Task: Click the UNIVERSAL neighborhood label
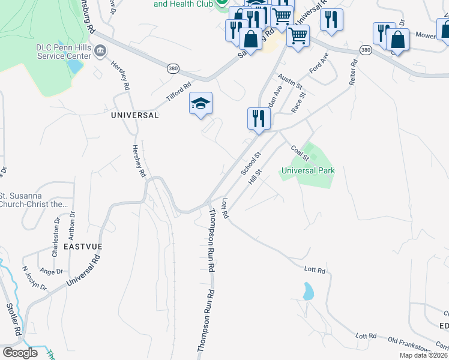pos(135,115)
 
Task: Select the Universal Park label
pos(308,170)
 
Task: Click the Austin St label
pos(290,82)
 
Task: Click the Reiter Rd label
pos(355,71)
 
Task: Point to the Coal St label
pos(299,152)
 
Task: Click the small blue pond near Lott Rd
pos(308,292)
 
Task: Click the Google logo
pos(20,353)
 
